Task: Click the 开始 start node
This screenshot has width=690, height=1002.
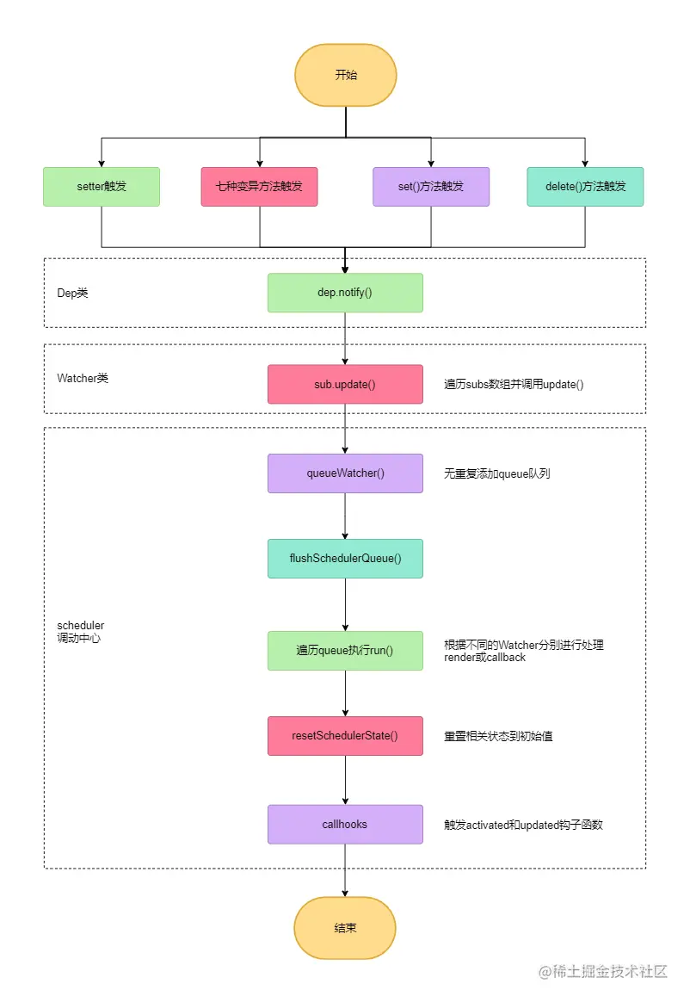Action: pos(345,75)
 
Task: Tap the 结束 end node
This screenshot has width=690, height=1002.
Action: pos(345,928)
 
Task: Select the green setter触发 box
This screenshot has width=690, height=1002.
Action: pos(102,186)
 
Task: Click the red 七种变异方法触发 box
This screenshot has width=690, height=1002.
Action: pos(259,186)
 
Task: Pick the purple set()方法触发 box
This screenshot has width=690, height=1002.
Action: pos(431,186)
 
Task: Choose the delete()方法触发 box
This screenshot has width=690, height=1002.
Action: pos(585,186)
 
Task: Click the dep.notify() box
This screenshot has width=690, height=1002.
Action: pos(345,293)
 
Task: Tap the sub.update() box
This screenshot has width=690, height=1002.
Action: pos(345,384)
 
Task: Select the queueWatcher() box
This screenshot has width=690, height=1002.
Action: pos(345,473)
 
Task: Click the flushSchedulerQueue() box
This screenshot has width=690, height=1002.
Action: pos(345,559)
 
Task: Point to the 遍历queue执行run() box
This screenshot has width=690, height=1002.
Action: pos(345,651)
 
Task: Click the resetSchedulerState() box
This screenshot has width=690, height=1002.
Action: pos(345,736)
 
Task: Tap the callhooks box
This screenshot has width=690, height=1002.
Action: pos(345,825)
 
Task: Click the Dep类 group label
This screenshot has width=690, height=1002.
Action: pos(72,294)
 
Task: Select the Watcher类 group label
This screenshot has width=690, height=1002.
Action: pos(83,378)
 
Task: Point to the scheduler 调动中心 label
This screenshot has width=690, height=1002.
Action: pos(80,632)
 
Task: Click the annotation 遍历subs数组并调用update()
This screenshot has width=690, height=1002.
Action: pos(514,385)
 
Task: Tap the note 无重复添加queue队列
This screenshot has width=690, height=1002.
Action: pos(496,473)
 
